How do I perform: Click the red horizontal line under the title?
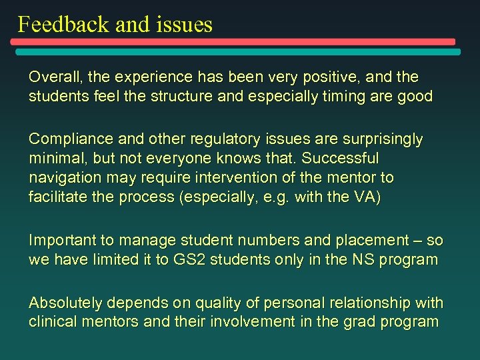[x=233, y=41]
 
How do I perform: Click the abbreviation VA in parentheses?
[x=365, y=198]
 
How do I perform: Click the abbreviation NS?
[x=361, y=260]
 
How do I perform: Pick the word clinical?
[x=53, y=322]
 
